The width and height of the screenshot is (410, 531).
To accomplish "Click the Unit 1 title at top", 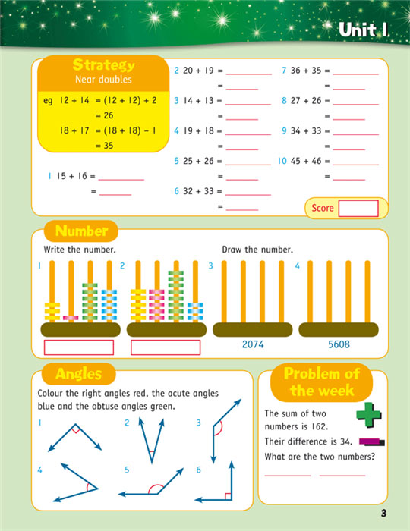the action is tap(363, 30).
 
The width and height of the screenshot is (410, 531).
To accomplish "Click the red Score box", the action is tap(358, 208).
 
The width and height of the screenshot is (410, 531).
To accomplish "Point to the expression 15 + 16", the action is tap(71, 176).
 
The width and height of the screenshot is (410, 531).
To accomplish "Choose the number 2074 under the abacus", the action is tap(253, 344).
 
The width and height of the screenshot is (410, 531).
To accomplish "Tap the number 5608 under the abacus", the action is tap(339, 344).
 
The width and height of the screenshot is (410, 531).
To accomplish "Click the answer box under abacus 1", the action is tap(79, 347).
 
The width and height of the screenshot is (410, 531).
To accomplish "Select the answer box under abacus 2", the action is tap(166, 347).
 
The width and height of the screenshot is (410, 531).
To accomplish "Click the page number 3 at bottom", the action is tap(384, 514).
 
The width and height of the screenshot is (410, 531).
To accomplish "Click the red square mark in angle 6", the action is tap(227, 496).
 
